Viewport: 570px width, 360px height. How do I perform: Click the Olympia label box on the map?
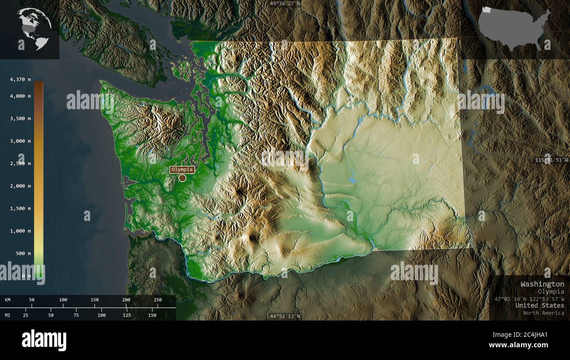(x=182, y=170)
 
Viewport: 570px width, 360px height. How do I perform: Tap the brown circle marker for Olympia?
(x=182, y=178)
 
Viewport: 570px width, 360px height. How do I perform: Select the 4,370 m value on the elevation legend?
(x=21, y=79)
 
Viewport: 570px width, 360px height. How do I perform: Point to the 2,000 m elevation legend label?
(x=21, y=186)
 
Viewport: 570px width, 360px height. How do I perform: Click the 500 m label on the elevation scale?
(x=24, y=253)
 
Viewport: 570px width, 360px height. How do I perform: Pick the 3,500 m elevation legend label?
(x=21, y=118)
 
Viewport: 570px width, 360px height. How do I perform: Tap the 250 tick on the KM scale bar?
(x=157, y=300)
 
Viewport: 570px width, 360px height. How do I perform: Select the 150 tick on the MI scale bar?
(x=152, y=315)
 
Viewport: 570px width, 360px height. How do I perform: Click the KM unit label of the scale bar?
(x=8, y=300)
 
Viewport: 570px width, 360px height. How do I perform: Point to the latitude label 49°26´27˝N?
(x=285, y=4)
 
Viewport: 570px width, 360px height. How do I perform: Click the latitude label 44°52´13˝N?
(x=285, y=316)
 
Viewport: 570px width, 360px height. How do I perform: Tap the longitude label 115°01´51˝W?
(x=552, y=160)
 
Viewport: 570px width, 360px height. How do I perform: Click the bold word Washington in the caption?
(x=542, y=284)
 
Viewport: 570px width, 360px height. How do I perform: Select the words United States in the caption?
(x=540, y=305)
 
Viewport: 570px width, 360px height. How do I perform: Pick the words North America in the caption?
(x=543, y=313)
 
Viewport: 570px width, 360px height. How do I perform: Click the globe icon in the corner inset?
(x=34, y=29)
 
